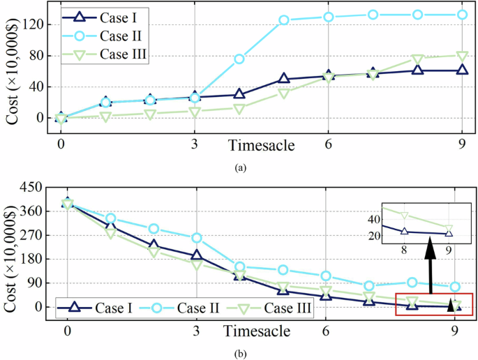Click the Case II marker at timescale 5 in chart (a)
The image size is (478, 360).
(284, 20)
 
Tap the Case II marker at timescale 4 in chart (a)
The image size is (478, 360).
(239, 59)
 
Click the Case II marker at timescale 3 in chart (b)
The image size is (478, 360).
(197, 238)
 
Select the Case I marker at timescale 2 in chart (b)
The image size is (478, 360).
(154, 246)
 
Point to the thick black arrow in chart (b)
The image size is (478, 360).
(431, 265)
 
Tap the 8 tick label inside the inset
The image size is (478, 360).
(404, 249)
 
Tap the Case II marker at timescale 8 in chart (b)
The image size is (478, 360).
(412, 283)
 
